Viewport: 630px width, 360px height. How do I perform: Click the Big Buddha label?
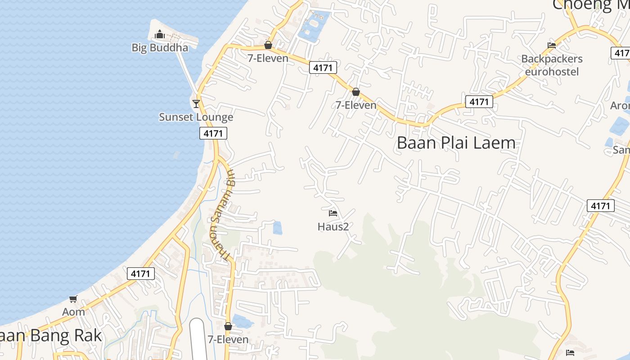point(160,47)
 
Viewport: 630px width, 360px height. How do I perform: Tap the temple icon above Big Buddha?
point(160,34)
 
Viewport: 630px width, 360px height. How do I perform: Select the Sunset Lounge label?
point(196,117)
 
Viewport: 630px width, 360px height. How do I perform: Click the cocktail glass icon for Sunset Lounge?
point(196,104)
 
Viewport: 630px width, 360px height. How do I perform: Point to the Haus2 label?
point(333,226)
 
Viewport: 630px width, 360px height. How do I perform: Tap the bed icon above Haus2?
point(333,213)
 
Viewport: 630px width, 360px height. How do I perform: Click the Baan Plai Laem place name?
point(456,143)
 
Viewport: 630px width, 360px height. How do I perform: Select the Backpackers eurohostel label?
point(552,65)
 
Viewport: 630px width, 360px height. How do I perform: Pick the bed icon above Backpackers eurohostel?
point(552,45)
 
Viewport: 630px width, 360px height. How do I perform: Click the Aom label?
point(73,312)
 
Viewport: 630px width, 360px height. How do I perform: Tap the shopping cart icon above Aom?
point(73,299)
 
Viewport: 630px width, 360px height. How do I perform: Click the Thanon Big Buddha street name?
point(221,214)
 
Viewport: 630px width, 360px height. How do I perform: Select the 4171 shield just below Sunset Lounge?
point(213,133)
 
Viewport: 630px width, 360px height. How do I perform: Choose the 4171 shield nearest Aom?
point(141,273)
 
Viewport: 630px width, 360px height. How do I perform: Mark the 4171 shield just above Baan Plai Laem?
point(479,102)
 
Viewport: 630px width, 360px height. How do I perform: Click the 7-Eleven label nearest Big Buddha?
point(268,58)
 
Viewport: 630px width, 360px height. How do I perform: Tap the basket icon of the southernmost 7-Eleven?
point(228,326)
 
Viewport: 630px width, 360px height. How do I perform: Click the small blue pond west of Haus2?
point(278,228)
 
